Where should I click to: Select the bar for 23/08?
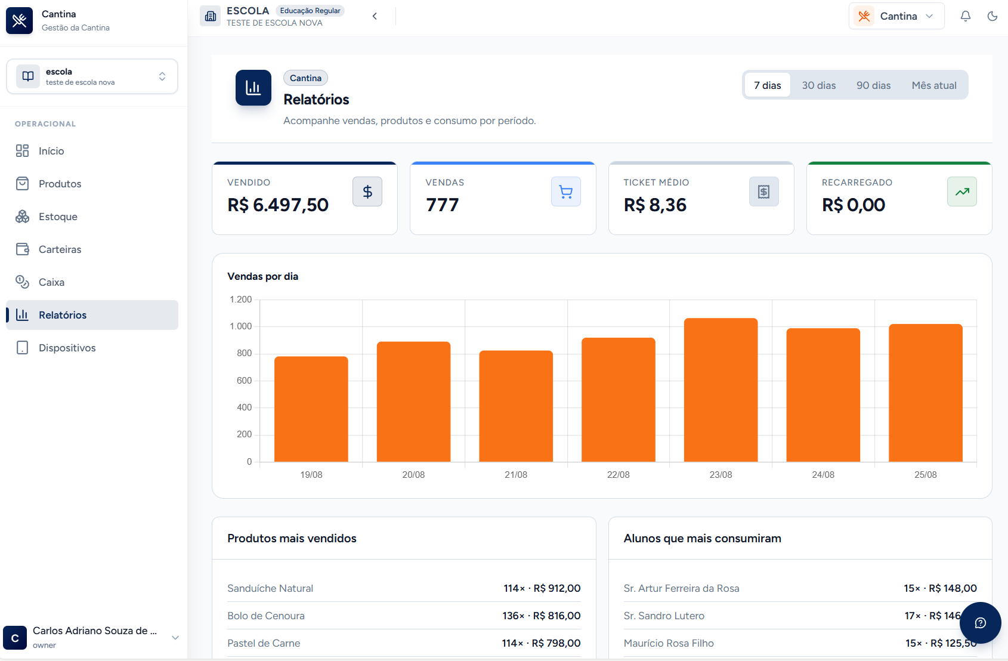pos(721,390)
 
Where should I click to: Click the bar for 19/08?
pos(311,409)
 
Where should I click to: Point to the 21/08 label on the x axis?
pos(516,475)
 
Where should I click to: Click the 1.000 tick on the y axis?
pos(241,326)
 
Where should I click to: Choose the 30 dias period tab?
pos(818,85)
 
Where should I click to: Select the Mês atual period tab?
pos(934,85)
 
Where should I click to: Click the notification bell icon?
pos(965,16)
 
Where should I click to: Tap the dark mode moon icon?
pos(992,16)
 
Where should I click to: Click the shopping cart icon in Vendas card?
pos(565,191)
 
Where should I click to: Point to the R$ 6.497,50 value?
pos(278,205)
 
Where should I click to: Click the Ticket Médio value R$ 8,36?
pos(655,205)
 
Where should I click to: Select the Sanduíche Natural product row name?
pos(270,588)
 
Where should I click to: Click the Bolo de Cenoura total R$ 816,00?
pos(556,616)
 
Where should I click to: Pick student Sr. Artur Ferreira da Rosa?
pos(681,588)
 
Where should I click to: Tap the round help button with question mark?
pos(980,623)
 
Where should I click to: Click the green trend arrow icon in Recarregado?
pos(962,191)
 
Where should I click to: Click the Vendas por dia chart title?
pos(263,276)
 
